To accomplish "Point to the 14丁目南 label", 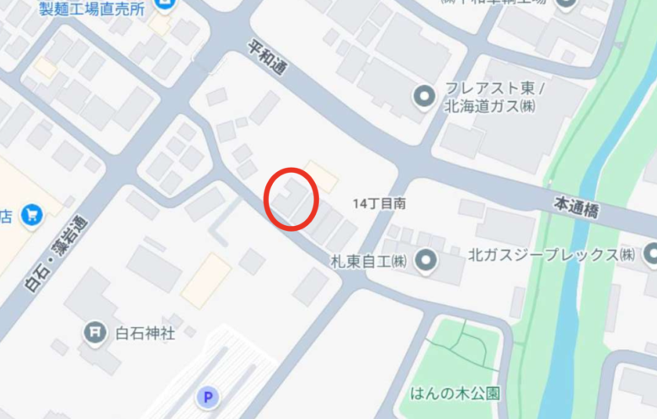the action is [380, 203].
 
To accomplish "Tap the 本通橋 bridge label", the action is [576, 207].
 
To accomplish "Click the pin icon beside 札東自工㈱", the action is [426, 258].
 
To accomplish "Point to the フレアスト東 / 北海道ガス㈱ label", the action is [495, 96].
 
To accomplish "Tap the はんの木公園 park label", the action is [455, 393].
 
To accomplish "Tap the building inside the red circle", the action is [289, 199].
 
